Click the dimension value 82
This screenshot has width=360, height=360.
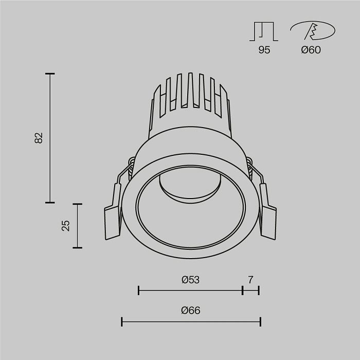(x=39, y=138)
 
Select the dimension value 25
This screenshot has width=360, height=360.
(x=66, y=225)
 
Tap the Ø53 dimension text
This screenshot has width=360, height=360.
(x=190, y=280)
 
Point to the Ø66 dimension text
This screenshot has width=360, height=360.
(x=190, y=311)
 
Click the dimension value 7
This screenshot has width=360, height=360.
(x=250, y=280)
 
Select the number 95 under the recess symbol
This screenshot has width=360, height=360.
(x=264, y=50)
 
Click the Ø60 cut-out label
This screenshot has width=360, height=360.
(x=311, y=50)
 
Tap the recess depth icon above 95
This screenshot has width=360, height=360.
(x=264, y=31)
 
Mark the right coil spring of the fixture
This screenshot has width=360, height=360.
(x=250, y=166)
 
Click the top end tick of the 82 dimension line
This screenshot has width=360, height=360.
(x=50, y=74)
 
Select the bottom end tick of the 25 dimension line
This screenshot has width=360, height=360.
(x=77, y=248)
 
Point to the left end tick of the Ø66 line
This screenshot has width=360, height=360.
(x=122, y=322)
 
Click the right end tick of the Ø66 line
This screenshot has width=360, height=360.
(x=261, y=322)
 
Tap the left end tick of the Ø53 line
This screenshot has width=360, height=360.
(x=139, y=291)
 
